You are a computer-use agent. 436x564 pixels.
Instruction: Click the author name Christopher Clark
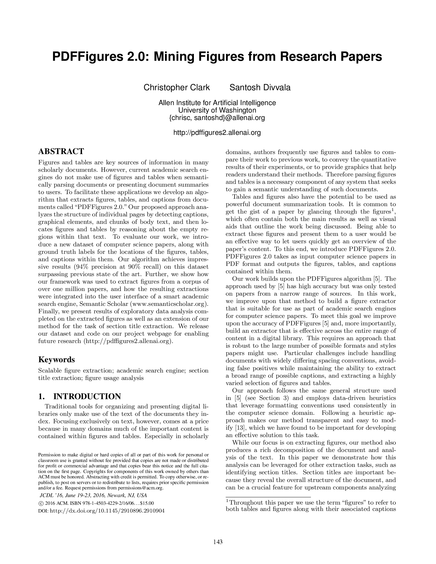coord(176,87)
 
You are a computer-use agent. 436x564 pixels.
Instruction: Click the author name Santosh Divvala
coord(260,87)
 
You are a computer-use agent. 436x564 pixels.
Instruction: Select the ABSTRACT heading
coord(61,151)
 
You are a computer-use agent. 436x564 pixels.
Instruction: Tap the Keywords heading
coord(57,359)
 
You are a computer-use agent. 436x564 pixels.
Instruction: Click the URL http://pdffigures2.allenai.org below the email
coord(217,133)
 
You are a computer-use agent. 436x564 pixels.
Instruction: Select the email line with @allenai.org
coord(217,118)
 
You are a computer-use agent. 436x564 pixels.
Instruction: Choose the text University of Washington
coord(217,110)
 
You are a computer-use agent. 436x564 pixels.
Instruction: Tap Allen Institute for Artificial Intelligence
coord(217,103)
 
